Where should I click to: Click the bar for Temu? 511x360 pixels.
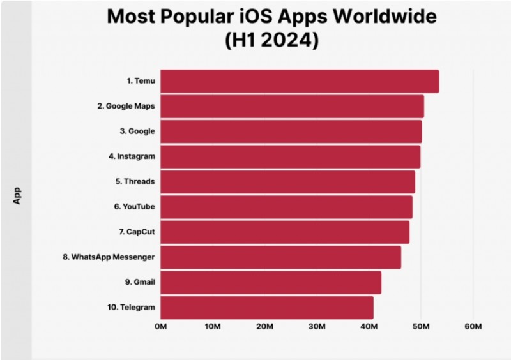(x=299, y=82)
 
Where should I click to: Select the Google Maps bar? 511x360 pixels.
(x=292, y=107)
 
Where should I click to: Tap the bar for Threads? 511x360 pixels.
(x=287, y=182)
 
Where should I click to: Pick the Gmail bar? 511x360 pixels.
(x=270, y=282)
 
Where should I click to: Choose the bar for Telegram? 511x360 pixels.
(x=266, y=307)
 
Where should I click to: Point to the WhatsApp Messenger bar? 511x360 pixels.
(x=280, y=257)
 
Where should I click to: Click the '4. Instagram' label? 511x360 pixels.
(x=132, y=156)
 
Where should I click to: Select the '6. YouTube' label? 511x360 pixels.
(x=134, y=207)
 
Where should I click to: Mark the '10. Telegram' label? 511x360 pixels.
(x=131, y=307)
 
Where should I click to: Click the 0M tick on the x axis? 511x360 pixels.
(x=160, y=327)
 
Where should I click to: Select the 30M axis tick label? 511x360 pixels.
(x=317, y=327)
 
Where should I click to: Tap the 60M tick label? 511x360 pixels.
(x=473, y=327)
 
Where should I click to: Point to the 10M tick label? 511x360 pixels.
(x=213, y=327)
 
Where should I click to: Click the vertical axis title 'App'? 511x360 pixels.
(x=18, y=195)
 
